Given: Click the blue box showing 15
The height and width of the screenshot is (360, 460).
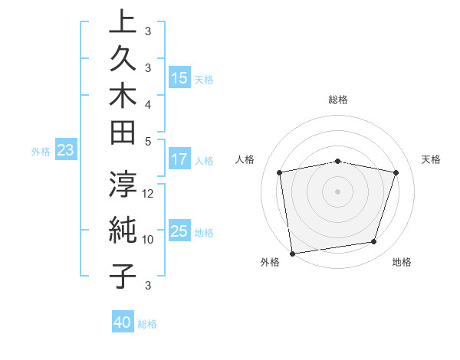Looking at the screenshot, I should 179,78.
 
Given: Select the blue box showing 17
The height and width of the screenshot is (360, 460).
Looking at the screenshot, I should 179,159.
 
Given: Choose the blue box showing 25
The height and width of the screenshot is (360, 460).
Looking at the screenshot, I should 179,231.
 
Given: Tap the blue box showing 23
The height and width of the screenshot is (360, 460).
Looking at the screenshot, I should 65,151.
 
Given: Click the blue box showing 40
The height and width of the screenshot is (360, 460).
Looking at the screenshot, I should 123,322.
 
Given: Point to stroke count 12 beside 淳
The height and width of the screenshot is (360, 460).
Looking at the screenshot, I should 149,193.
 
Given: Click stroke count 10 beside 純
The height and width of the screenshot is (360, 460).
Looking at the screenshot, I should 148,239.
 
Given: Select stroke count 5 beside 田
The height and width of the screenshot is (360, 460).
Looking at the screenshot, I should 148,141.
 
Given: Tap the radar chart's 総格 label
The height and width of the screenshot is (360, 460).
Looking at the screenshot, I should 337,100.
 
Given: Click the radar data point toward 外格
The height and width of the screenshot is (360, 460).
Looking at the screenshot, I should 292,252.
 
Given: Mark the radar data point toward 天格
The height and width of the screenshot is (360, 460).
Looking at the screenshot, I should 396,172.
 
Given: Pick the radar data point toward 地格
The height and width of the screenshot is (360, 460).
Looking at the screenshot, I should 374,242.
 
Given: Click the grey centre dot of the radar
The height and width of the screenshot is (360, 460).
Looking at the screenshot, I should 337,191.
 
